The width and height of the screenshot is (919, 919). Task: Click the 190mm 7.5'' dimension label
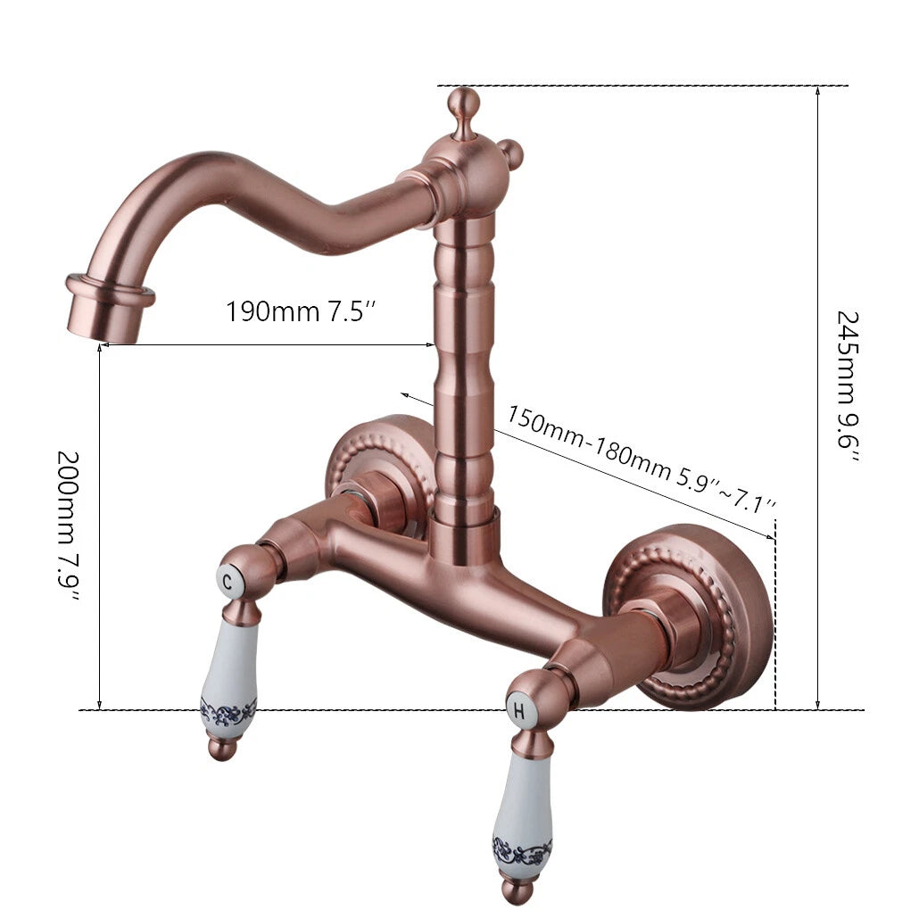pos(300,311)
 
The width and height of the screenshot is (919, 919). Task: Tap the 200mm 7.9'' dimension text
pos(69,526)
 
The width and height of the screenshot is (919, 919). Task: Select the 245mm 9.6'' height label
pos(848,387)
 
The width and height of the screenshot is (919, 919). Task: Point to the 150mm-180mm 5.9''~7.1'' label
pos(642,459)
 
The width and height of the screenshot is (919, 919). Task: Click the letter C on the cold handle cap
pos(228,582)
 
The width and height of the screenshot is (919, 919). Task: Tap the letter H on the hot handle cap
pos(518,711)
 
